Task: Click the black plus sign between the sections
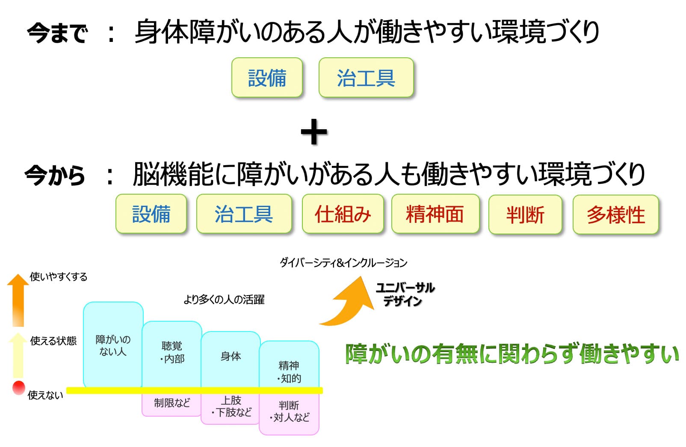point(313,132)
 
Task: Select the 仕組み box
point(343,214)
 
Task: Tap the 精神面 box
point(435,214)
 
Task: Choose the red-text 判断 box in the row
point(525,214)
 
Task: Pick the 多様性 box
point(615,214)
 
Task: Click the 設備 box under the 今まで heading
point(267,78)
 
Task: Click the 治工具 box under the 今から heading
point(244,214)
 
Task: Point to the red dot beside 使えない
point(18,387)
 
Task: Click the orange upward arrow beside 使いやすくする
point(18,299)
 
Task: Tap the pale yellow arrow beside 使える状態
point(18,355)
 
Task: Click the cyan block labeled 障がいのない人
point(113,344)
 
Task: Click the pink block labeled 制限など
point(171,403)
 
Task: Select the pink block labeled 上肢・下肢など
point(231,407)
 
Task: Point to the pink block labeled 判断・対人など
point(289,413)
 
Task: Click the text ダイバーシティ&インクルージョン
point(343,262)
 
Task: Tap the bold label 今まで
point(57,33)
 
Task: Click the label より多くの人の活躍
point(224,299)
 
